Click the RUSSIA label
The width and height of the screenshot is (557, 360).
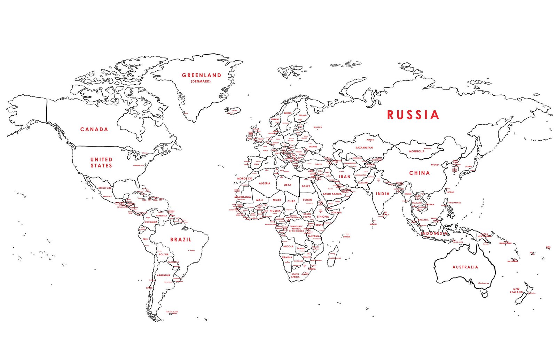click(x=413, y=115)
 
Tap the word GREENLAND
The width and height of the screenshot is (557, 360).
click(x=201, y=75)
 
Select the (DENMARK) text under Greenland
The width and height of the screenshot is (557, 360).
click(x=201, y=81)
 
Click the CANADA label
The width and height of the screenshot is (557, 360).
click(x=94, y=130)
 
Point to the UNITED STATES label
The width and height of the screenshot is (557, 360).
click(x=101, y=163)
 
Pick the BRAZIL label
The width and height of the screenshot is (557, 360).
click(x=181, y=240)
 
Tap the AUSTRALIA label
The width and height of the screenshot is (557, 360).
click(x=465, y=267)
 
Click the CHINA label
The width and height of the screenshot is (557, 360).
click(x=419, y=173)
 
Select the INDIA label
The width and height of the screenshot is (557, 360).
click(x=382, y=194)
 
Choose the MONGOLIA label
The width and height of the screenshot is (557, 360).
click(x=416, y=151)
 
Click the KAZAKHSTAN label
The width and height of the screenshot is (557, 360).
click(x=364, y=148)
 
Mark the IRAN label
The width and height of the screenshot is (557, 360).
click(x=345, y=177)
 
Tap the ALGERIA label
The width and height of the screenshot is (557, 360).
click(x=264, y=183)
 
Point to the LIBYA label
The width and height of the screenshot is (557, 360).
click(x=287, y=185)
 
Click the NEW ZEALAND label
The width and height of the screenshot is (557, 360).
click(x=516, y=291)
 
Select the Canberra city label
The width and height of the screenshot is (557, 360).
click(x=483, y=283)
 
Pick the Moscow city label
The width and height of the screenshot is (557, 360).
click(x=317, y=127)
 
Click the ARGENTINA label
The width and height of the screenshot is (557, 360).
click(x=163, y=275)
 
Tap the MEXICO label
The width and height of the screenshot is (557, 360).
click(x=104, y=188)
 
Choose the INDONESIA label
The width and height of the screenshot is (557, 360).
click(x=433, y=233)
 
